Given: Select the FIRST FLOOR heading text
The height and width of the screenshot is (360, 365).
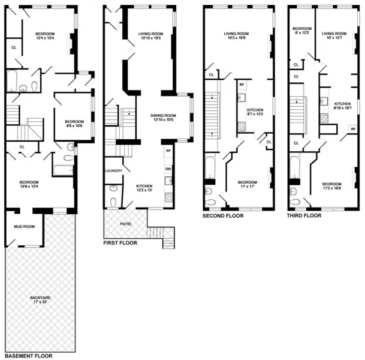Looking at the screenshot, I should [120, 243].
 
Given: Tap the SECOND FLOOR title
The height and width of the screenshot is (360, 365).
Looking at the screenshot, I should [223, 215].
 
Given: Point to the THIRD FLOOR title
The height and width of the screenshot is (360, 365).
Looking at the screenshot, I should [304, 215].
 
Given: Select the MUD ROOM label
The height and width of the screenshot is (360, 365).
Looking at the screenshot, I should [24, 226].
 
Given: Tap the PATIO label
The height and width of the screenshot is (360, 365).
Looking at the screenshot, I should [125, 224].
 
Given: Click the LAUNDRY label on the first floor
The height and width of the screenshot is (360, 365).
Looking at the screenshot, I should [113, 171].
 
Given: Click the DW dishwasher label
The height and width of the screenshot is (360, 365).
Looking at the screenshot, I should [168, 169].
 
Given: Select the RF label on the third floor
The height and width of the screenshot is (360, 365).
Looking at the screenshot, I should [352, 128].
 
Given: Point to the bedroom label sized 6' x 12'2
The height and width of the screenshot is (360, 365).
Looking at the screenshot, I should [301, 31].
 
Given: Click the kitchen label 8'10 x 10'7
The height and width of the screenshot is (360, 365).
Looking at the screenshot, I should [343, 106].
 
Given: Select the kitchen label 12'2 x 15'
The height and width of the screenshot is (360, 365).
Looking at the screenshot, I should [144, 188].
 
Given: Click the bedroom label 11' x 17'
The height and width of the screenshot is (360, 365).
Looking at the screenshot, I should [248, 185].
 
